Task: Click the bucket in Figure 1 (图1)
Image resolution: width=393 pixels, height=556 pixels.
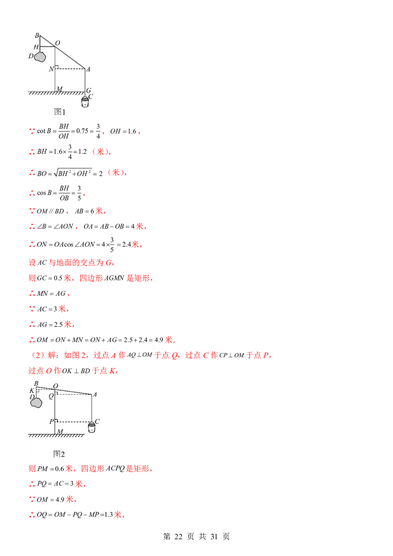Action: pyautogui.click(x=85, y=102)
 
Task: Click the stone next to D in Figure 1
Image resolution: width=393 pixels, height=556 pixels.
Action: pyautogui.click(x=40, y=56)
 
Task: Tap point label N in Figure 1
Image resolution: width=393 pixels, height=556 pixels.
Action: pyautogui.click(x=51, y=69)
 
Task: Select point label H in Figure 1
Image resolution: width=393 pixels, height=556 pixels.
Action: pyautogui.click(x=36, y=47)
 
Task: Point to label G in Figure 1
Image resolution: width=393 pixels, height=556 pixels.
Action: pyautogui.click(x=89, y=90)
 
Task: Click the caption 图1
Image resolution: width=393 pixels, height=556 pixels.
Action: pyautogui.click(x=59, y=111)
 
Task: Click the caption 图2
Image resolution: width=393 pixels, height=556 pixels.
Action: pyautogui.click(x=59, y=454)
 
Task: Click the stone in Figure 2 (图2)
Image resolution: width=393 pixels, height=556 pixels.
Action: pyautogui.click(x=36, y=403)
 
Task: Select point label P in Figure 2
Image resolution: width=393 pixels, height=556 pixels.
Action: pyautogui.click(x=52, y=421)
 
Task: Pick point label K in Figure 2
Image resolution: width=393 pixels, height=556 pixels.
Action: pyautogui.click(x=32, y=390)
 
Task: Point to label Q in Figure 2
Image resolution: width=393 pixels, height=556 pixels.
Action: pyautogui.click(x=51, y=396)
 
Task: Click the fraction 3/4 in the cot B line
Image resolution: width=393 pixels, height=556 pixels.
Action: pyautogui.click(x=98, y=131)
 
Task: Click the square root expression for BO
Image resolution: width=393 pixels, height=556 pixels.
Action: pyautogui.click(x=73, y=173)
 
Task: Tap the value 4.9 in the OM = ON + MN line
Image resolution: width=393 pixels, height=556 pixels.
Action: pyautogui.click(x=159, y=340)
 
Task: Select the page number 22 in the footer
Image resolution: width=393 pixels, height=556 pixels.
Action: pyautogui.click(x=178, y=536)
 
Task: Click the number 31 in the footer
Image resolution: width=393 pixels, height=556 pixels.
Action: pyautogui.click(x=214, y=536)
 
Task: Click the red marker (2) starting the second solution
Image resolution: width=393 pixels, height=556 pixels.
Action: pyautogui.click(x=36, y=355)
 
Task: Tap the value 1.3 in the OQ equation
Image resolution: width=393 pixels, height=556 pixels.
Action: pyautogui.click(x=108, y=515)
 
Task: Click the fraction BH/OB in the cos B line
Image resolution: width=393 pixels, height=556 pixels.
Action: pyautogui.click(x=64, y=193)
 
